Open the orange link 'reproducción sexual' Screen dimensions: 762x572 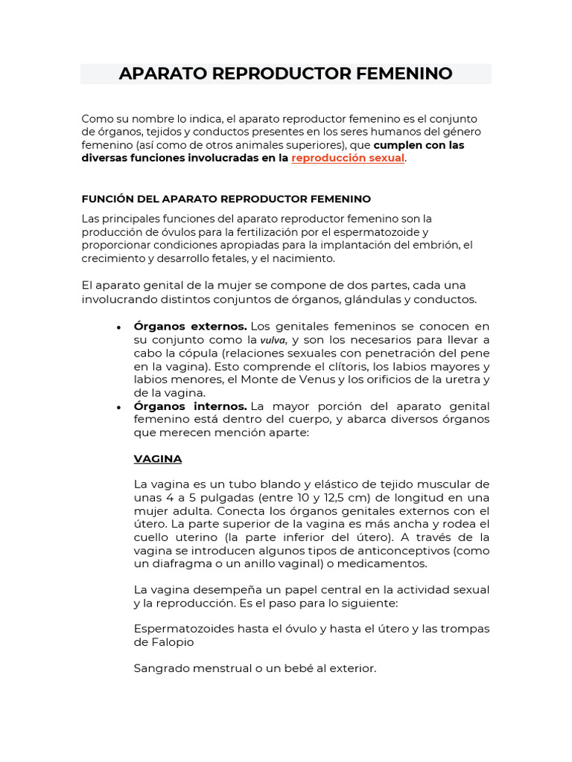coord(348,159)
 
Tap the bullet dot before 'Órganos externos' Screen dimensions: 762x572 coord(118,327)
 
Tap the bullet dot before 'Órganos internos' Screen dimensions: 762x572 coord(118,407)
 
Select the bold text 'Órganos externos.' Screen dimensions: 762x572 coord(190,326)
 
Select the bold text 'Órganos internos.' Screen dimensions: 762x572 coord(190,406)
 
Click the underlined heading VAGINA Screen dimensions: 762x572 coord(158,458)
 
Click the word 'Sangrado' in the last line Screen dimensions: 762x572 coord(159,668)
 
